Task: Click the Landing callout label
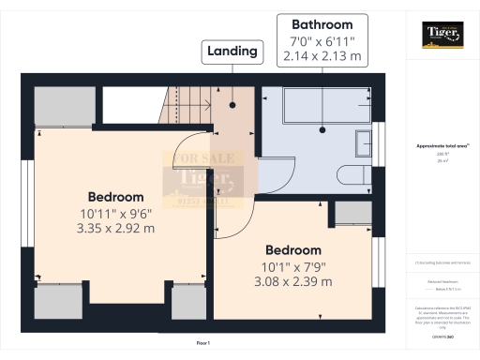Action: pyautogui.click(x=232, y=52)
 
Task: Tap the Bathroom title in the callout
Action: pyautogui.click(x=322, y=24)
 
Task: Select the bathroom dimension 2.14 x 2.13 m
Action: pyautogui.click(x=322, y=55)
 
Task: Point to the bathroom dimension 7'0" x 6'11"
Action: pyautogui.click(x=322, y=40)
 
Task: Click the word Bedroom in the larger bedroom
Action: pyautogui.click(x=115, y=197)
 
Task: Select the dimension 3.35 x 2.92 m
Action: pyautogui.click(x=115, y=228)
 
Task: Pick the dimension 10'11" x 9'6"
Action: pyautogui.click(x=115, y=213)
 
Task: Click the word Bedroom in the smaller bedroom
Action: pyautogui.click(x=292, y=250)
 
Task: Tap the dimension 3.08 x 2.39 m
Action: pyautogui.click(x=292, y=281)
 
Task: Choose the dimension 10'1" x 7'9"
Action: pyautogui.click(x=292, y=266)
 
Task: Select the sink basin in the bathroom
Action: pyautogui.click(x=364, y=143)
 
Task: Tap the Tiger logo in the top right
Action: pyautogui.click(x=442, y=35)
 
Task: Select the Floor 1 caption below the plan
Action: pyautogui.click(x=202, y=344)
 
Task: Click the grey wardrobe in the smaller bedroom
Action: pyautogui.click(x=352, y=213)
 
